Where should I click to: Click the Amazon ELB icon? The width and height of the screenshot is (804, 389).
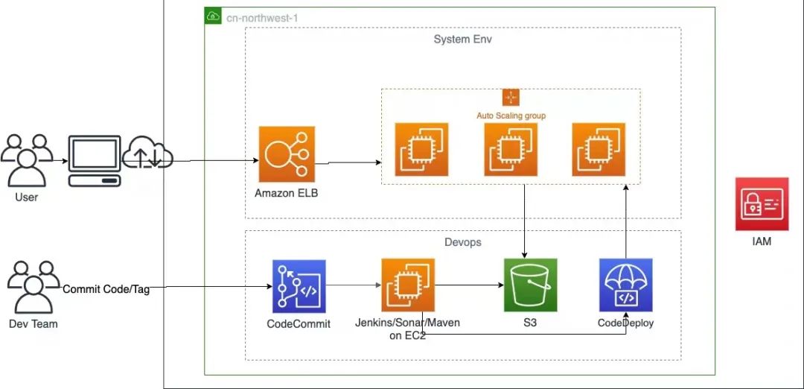(x=287, y=154)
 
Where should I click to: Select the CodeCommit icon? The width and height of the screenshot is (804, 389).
(x=299, y=286)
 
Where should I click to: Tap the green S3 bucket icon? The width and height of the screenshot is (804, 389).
(x=530, y=285)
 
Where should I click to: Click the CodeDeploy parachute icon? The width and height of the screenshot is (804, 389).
(x=625, y=285)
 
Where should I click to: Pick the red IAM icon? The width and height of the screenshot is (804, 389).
(x=762, y=204)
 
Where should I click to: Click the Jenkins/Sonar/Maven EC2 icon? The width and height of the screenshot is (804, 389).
(x=408, y=285)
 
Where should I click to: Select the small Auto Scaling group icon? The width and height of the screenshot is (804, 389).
(x=511, y=98)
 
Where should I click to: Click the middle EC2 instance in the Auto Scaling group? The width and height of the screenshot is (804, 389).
(x=511, y=149)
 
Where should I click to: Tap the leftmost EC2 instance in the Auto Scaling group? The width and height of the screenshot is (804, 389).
(x=421, y=149)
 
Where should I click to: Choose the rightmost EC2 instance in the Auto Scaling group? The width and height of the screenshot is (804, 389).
(x=599, y=149)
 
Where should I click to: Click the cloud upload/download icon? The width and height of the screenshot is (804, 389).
(x=147, y=152)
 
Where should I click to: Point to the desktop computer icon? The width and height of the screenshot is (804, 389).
(x=95, y=161)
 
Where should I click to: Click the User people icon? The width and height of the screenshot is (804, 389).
(x=26, y=160)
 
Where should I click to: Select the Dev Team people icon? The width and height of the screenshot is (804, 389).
(x=33, y=288)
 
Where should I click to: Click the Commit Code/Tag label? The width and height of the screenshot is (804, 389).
(x=106, y=289)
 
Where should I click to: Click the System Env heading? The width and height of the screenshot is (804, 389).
(x=462, y=39)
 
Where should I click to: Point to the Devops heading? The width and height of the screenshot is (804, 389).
(x=462, y=241)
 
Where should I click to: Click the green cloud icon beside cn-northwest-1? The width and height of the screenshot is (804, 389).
(x=213, y=16)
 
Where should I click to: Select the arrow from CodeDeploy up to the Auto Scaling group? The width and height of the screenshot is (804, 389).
(x=625, y=221)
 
